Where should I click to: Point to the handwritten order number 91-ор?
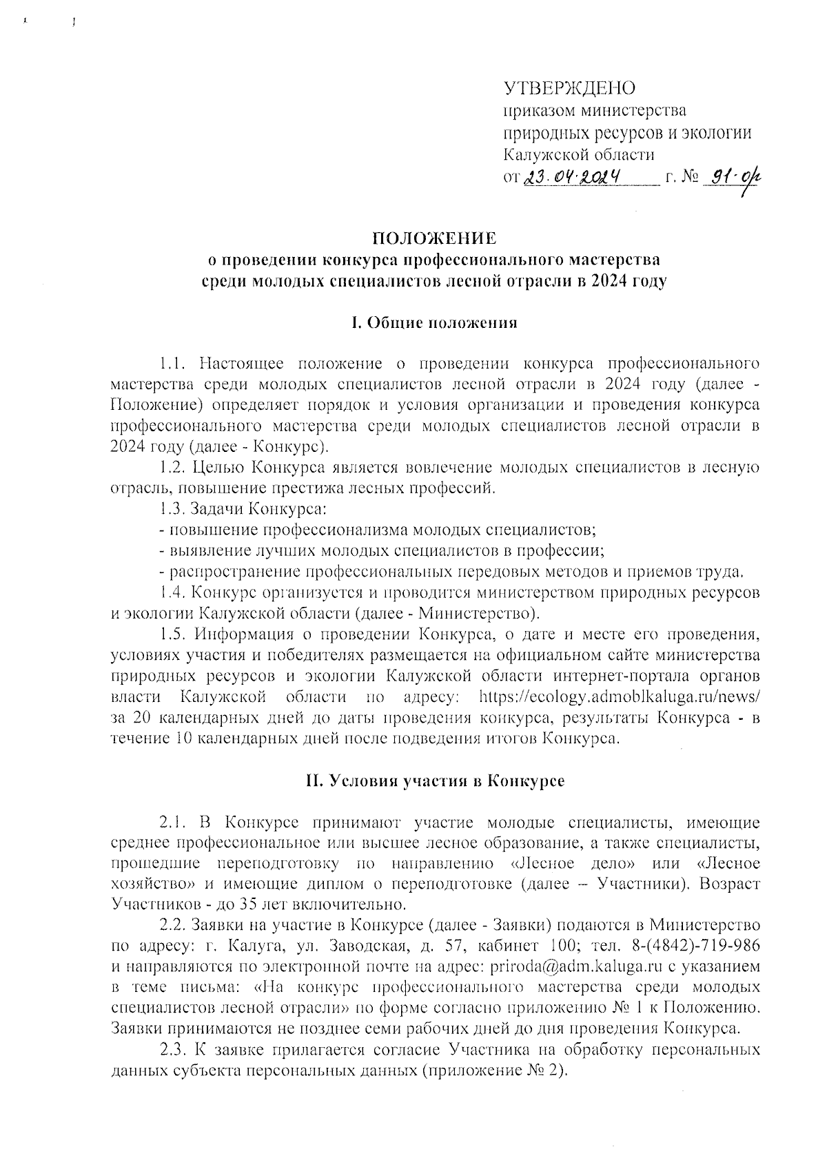tap(732, 178)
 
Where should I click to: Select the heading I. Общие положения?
tap(433, 322)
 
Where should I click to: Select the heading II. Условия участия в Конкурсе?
tap(435, 781)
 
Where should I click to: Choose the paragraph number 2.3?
tap(172, 1051)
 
